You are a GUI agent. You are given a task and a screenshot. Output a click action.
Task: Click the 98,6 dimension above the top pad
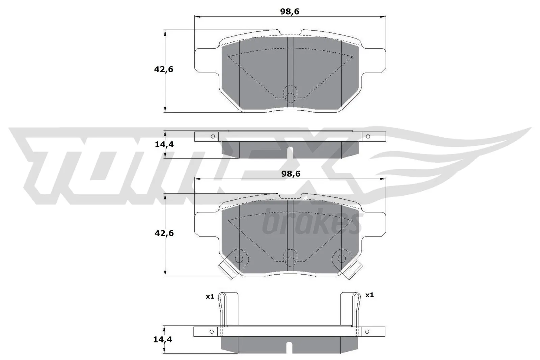coord(290,12)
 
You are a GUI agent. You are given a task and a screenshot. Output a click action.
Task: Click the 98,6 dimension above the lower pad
coord(291,174)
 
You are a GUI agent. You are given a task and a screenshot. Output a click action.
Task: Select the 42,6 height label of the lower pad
coord(164,233)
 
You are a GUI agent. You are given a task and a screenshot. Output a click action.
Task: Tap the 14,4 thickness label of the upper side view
coord(164,144)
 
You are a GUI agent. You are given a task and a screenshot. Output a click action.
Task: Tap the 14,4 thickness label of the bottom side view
coord(163,339)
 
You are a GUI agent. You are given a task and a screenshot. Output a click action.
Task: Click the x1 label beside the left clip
coord(210,296)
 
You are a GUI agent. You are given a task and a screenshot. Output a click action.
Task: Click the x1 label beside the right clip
coord(370,295)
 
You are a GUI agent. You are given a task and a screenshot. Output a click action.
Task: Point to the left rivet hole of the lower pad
coord(239,259)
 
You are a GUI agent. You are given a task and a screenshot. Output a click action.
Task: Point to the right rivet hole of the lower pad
coord(342,259)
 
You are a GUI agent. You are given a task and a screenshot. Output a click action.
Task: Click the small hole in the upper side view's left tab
coord(213,136)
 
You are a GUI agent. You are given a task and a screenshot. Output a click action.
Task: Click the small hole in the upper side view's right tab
coord(368,136)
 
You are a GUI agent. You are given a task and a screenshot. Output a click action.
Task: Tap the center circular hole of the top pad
coord(290,97)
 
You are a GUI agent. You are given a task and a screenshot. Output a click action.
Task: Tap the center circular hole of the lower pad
coord(290,260)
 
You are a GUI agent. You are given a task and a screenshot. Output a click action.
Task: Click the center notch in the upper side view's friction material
coord(290,153)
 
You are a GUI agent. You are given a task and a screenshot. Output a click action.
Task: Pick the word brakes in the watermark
coord(310,223)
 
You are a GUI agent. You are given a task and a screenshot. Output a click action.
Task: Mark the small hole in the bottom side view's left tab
coord(212,331)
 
